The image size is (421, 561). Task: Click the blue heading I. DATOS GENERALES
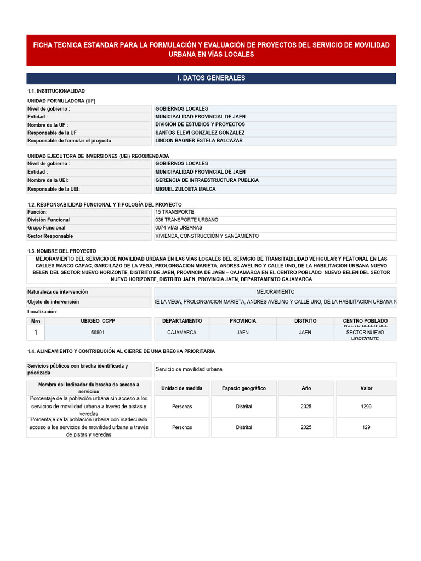click(x=211, y=78)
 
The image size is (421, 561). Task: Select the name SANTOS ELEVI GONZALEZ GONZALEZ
click(x=200, y=133)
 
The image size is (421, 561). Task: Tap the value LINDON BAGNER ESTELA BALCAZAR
click(x=198, y=141)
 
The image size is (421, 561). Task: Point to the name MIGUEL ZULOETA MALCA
click(x=185, y=189)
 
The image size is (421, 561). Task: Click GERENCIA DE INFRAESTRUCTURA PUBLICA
click(x=207, y=180)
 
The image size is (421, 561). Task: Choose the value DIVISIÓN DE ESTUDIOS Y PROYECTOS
click(x=200, y=124)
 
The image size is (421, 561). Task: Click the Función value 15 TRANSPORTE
click(x=174, y=212)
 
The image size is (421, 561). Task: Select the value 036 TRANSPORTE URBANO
click(x=186, y=220)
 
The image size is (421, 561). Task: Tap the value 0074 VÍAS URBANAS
click(x=179, y=228)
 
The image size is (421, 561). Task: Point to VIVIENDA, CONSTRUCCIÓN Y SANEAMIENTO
click(x=207, y=236)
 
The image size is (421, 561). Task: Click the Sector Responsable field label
click(x=50, y=236)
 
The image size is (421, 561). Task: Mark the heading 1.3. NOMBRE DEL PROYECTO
click(x=62, y=250)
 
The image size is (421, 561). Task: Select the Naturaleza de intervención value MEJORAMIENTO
click(x=275, y=292)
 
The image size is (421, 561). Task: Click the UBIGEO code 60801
click(x=98, y=333)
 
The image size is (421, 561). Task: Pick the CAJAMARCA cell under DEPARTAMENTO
click(x=182, y=333)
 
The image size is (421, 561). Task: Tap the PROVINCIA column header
click(x=243, y=321)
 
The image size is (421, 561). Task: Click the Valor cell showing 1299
click(x=366, y=407)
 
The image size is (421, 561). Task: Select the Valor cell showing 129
click(x=366, y=427)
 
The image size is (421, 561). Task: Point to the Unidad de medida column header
click(x=181, y=388)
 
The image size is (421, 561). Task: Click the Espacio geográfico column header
click(x=244, y=388)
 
